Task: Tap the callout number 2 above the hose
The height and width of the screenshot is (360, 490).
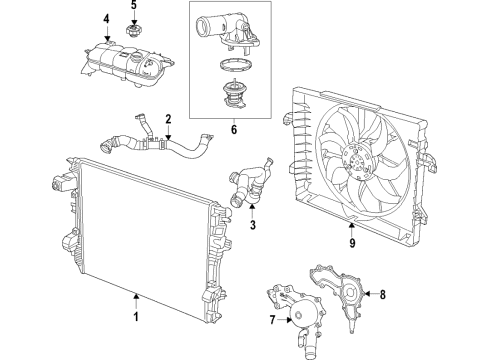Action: pyautogui.click(x=169, y=119)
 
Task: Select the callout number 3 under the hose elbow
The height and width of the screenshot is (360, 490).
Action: pyautogui.click(x=252, y=226)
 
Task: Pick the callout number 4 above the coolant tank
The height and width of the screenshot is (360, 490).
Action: pyautogui.click(x=106, y=21)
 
